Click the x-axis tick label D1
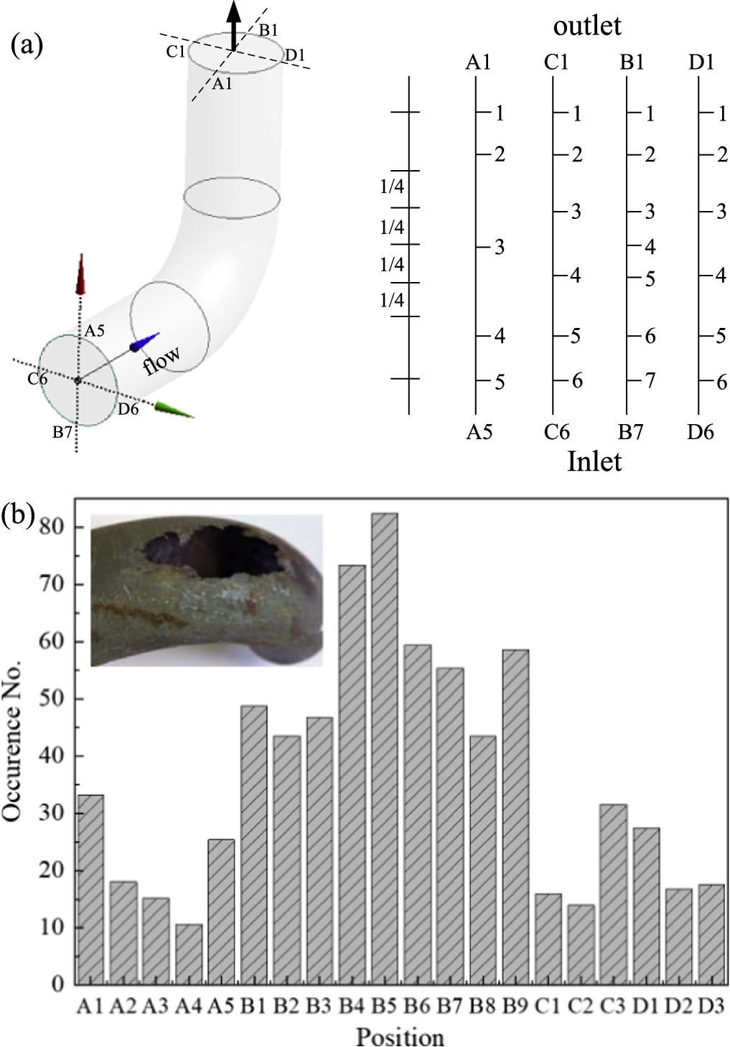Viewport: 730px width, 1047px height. tap(646, 1006)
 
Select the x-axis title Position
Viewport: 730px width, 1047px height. tap(400, 1036)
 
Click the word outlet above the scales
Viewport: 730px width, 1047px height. tap(586, 27)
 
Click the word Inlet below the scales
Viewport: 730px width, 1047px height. tap(594, 461)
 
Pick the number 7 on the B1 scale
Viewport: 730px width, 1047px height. tap(650, 380)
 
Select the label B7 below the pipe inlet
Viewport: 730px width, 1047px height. tap(62, 433)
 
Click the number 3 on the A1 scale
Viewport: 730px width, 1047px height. tap(500, 248)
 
